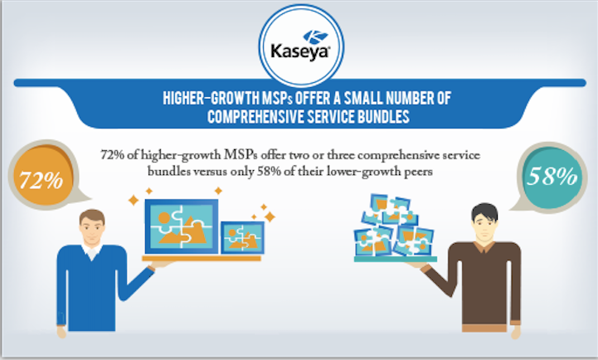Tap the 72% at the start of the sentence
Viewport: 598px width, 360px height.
112,155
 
